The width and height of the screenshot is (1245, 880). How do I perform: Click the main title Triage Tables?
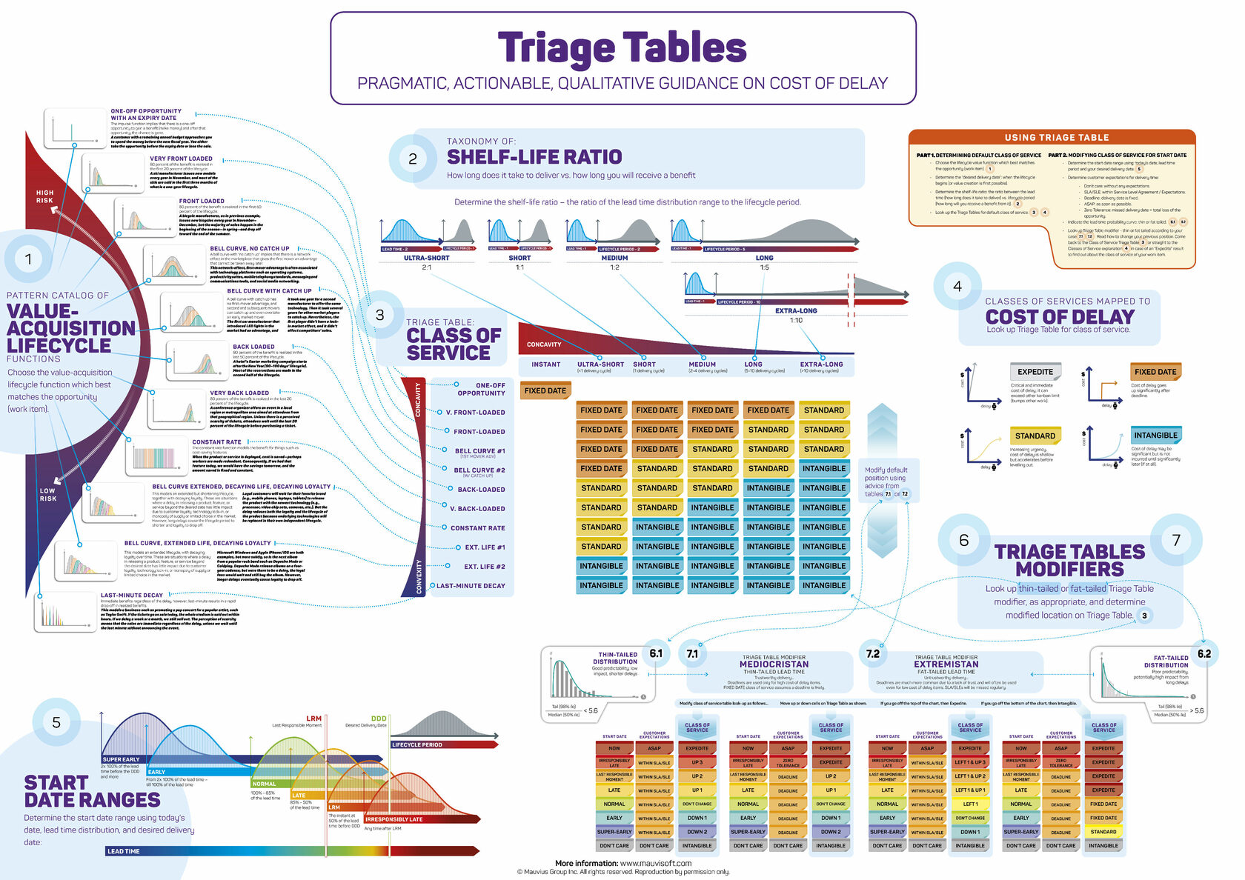(x=622, y=48)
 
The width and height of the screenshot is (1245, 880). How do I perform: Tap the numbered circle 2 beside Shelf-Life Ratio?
(x=412, y=159)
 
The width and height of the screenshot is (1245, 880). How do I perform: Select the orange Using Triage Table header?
(x=1056, y=137)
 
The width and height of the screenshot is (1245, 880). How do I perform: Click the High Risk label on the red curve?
(x=44, y=196)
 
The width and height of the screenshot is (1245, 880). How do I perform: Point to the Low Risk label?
(x=47, y=494)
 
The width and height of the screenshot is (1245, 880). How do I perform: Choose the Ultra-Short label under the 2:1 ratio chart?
(x=426, y=258)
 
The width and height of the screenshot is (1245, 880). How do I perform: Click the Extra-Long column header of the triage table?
(x=821, y=364)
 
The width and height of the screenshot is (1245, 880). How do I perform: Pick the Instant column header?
(x=545, y=364)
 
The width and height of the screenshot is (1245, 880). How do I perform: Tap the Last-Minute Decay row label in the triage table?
(x=471, y=586)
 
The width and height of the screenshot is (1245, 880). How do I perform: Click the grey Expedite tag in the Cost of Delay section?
(x=1035, y=372)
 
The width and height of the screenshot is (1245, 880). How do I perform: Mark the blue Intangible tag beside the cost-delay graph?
(x=1155, y=436)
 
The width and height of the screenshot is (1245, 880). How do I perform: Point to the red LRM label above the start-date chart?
(x=314, y=719)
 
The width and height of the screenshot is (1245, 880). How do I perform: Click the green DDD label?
(x=378, y=719)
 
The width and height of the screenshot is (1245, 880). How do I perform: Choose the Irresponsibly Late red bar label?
(x=394, y=819)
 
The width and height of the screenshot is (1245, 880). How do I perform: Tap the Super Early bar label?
(x=121, y=759)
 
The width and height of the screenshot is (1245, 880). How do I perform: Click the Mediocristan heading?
(x=774, y=664)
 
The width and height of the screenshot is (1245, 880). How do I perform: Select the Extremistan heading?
(x=946, y=664)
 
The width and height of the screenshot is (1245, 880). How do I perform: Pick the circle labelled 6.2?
(x=1203, y=653)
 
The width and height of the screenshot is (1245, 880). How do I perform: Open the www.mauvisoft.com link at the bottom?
(x=655, y=863)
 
